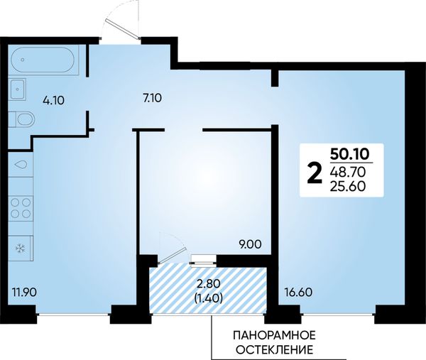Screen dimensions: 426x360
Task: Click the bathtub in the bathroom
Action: [x=43, y=60]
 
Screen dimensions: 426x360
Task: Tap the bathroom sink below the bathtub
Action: [x=18, y=89]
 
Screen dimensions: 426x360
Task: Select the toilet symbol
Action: [x=22, y=119]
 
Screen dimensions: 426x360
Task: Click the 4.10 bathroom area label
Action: [x=53, y=101]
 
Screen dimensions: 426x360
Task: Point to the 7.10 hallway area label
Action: [x=152, y=97]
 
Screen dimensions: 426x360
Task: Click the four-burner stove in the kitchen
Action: [x=21, y=208]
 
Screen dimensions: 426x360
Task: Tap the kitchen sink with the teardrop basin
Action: [x=21, y=165]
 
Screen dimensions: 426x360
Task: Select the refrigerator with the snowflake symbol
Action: [x=21, y=248]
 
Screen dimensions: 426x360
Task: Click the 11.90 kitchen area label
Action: [x=24, y=293]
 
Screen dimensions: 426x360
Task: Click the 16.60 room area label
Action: [x=298, y=293]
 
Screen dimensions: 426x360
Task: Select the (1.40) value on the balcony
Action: [x=209, y=298]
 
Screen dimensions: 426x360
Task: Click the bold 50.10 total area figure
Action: [x=350, y=154]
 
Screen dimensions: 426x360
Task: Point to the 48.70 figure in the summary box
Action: [x=348, y=172]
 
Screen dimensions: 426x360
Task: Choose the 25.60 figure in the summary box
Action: [x=348, y=186]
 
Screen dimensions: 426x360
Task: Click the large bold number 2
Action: [x=314, y=173]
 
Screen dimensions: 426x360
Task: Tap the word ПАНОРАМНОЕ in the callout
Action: [x=274, y=335]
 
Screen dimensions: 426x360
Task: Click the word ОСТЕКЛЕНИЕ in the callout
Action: [x=274, y=349]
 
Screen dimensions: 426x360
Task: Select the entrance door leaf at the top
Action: [x=123, y=28]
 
